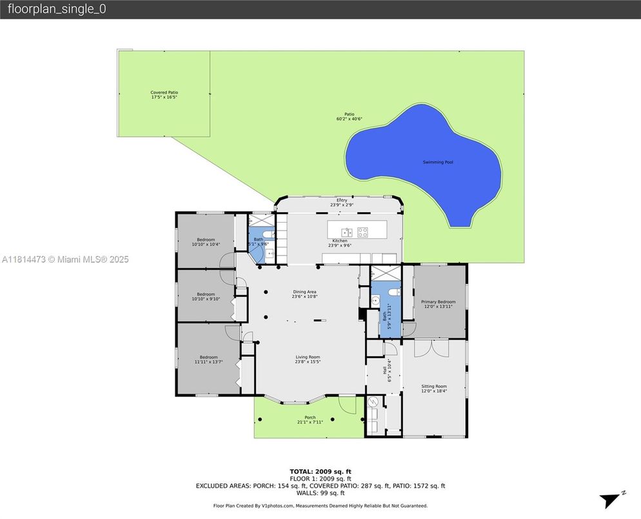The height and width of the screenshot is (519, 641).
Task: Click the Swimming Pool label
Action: (x=437, y=162)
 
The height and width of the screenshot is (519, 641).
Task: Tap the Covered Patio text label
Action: (x=164, y=92)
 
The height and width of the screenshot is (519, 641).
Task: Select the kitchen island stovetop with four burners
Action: (x=363, y=231)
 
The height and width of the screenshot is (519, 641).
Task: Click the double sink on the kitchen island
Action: (x=346, y=231)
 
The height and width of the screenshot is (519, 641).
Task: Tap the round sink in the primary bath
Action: (x=374, y=300)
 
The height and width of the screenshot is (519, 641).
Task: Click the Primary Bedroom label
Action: (x=438, y=301)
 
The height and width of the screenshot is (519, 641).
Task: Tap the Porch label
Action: (x=310, y=418)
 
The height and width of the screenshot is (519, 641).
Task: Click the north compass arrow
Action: (x=610, y=500)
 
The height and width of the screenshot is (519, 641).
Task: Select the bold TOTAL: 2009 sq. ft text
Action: (x=320, y=471)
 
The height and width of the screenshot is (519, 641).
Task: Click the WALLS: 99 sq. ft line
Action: (x=320, y=493)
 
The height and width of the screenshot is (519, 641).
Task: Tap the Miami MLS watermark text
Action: (x=65, y=259)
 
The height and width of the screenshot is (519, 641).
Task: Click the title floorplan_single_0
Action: (x=56, y=9)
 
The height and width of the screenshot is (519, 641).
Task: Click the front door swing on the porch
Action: (x=348, y=405)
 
